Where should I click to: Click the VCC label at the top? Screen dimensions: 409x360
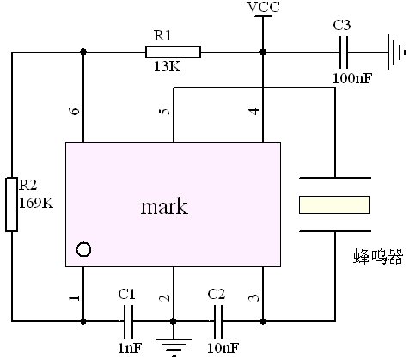(264, 7)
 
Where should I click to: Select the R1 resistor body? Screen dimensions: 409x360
(173, 52)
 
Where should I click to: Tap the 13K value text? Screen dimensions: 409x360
(168, 66)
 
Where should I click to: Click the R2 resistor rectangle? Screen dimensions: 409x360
(11, 204)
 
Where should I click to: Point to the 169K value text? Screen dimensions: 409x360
(36, 203)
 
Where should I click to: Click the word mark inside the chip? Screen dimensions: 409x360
(164, 206)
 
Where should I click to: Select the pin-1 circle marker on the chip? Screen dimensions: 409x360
(84, 249)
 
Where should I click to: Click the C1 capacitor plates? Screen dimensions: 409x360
(128, 321)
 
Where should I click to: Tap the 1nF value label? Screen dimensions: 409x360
(130, 348)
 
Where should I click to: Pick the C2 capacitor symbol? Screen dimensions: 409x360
(218, 321)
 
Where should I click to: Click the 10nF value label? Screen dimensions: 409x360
(223, 348)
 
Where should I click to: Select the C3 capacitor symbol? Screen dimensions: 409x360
(344, 52)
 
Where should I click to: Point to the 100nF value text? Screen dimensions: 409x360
(352, 78)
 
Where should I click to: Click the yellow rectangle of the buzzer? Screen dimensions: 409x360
(334, 204)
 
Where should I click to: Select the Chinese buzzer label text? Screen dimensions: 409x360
(379, 256)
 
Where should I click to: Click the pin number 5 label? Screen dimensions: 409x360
(165, 111)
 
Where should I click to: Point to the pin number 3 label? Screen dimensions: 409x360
(253, 298)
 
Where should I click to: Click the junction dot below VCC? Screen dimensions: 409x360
(263, 52)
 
